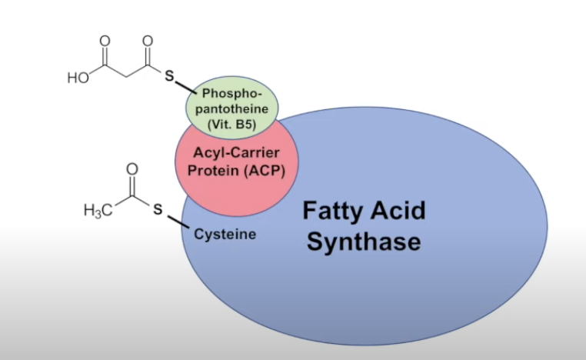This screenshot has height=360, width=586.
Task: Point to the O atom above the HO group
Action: pos(105,40)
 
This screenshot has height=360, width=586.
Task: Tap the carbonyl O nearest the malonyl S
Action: pos(148,40)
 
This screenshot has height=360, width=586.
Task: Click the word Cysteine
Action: pos(225,234)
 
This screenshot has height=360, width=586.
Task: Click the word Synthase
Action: pos(364,242)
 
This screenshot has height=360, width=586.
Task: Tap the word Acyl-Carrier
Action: pos(231,155)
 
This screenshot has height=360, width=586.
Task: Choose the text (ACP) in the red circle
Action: pos(261,171)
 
